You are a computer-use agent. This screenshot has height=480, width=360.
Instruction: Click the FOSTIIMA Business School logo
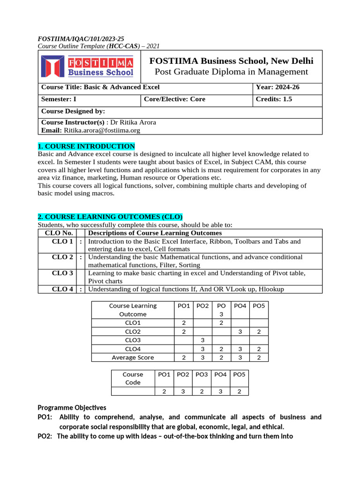87,67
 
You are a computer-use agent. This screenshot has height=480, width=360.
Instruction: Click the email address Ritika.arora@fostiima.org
102,130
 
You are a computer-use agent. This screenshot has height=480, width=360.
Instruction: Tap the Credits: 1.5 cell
274,99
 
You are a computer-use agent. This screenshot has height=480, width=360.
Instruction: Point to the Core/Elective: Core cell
174,99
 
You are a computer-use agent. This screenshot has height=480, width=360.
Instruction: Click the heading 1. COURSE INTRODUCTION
86,146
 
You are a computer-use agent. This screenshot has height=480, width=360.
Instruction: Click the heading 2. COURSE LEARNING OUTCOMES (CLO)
110,217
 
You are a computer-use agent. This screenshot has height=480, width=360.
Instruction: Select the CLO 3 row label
62,273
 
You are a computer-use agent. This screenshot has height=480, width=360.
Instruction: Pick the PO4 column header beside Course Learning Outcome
240,306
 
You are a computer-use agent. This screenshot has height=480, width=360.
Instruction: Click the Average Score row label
133,357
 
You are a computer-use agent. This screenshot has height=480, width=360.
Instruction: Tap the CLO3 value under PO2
202,340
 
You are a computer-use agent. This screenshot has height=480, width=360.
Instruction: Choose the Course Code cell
133,378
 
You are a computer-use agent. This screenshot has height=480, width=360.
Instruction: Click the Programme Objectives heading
72,407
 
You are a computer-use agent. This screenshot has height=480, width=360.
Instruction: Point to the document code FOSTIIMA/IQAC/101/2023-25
81,38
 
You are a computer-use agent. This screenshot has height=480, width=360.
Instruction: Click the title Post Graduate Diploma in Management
231,72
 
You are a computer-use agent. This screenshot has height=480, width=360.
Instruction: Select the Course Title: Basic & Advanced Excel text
100,87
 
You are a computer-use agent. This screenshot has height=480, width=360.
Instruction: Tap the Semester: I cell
58,99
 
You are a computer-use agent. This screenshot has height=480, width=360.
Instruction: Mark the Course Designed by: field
73,112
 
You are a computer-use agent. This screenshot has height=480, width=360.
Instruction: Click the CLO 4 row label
62,289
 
